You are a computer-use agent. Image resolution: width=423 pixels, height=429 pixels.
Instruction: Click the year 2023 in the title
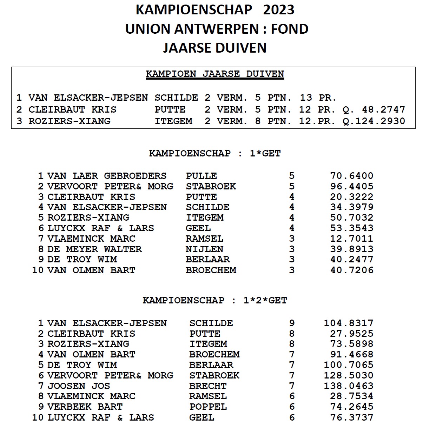pyautogui.click(x=278, y=10)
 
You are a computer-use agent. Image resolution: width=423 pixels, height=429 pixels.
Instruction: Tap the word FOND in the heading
pyautogui.click(x=290, y=29)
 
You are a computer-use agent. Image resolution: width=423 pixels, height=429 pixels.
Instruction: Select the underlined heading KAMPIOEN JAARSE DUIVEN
pyautogui.click(x=215, y=74)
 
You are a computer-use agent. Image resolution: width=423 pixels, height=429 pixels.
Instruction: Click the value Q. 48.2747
pyautogui.click(x=374, y=109)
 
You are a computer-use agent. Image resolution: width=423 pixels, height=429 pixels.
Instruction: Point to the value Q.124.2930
pyautogui.click(x=374, y=121)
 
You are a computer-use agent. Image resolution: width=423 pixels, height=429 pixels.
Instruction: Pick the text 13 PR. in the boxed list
pyautogui.click(x=318, y=98)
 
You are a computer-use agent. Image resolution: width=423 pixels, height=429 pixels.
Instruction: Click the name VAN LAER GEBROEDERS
pyautogui.click(x=107, y=176)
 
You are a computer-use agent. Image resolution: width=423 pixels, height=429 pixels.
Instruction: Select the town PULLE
pyautogui.click(x=201, y=176)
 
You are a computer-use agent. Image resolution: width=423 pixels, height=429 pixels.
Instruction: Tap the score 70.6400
pyautogui.click(x=352, y=176)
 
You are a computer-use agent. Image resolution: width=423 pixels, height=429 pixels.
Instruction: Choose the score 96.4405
pyautogui.click(x=352, y=186)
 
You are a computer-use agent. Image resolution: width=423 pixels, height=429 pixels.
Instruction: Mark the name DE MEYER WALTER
pyautogui.click(x=94, y=249)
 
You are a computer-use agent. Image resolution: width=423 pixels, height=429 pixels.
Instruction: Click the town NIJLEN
pyautogui.click(x=205, y=249)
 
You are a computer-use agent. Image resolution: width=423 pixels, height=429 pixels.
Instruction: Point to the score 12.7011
pyautogui.click(x=352, y=239)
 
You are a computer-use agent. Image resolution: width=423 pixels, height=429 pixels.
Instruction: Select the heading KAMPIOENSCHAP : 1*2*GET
pyautogui.click(x=215, y=301)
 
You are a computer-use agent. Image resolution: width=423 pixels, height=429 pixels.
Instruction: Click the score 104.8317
pyautogui.click(x=349, y=323)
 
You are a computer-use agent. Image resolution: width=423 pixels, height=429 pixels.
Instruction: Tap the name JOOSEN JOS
pyautogui.click(x=79, y=386)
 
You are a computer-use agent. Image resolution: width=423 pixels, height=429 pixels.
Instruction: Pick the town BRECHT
pyautogui.click(x=208, y=386)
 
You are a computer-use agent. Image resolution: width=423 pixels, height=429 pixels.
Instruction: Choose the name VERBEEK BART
pyautogui.click(x=85, y=407)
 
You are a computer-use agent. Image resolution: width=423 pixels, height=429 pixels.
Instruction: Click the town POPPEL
pyautogui.click(x=208, y=407)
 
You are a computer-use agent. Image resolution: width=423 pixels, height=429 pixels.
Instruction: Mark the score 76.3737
pyautogui.click(x=352, y=417)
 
